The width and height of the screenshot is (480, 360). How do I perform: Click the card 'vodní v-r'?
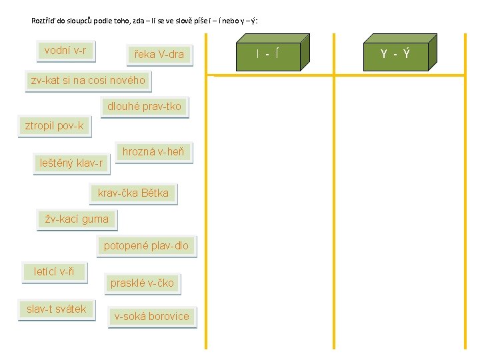pos(65,50)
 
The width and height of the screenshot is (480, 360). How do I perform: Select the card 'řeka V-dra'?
pos(159,54)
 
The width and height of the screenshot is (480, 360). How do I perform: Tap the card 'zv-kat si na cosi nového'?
pos(87,80)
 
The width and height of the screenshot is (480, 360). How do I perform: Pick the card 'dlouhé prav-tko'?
pos(144,107)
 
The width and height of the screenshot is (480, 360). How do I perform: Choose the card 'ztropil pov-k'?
pos(54,126)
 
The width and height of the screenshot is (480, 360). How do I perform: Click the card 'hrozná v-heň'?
pos(153,152)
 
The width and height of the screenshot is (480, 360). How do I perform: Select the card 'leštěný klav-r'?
pos(71,163)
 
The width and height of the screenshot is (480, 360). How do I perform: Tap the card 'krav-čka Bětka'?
pos(133,193)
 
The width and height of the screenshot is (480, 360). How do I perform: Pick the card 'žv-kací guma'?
pos(76,218)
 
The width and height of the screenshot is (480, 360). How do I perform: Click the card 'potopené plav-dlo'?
pos(146,246)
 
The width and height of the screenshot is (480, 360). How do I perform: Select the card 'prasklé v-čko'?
pos(142,283)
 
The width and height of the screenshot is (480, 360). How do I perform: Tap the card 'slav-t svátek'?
pos(56,309)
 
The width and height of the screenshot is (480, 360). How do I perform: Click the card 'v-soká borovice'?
pos(151,316)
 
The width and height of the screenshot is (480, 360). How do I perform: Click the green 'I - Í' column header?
pos(267,53)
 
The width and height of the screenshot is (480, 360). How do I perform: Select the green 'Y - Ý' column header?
pos(395,53)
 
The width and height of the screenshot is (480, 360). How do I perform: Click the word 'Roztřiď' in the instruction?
pos(43,21)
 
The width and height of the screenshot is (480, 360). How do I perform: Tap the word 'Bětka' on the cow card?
pos(155,193)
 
